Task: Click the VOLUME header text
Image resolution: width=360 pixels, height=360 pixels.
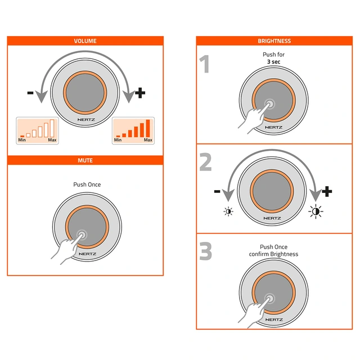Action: pos(85,41)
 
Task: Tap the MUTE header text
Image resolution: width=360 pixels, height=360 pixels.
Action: pos(85,160)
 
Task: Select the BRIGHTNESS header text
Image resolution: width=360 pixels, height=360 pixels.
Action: pos(274,41)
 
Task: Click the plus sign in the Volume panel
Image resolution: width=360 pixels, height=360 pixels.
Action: pos(140,93)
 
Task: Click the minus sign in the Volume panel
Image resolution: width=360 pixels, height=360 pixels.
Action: pos(30,93)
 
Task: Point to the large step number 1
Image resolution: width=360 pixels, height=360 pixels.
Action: pos(204,64)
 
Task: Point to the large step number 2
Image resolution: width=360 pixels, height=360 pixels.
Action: pos(205,163)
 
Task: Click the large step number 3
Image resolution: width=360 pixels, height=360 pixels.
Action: pos(205,251)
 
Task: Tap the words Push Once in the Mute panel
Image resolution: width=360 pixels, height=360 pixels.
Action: pos(87,184)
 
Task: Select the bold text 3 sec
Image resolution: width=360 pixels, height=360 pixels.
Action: pos(274,62)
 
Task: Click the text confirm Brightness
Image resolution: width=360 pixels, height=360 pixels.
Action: pos(274,254)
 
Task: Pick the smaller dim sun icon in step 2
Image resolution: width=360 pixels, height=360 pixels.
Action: pos(228,211)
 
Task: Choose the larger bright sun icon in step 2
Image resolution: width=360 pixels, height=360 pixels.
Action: pos(316,211)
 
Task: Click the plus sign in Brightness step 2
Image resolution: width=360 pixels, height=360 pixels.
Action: pos(327,191)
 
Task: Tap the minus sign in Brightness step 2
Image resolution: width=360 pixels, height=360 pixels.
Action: pos(217,191)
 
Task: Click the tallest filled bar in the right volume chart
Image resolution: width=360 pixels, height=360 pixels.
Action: pos(148,128)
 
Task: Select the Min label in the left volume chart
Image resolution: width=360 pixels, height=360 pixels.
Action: pos(22,140)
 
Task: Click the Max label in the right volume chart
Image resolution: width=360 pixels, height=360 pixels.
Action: pos(148,140)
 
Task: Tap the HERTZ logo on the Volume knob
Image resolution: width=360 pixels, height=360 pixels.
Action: pos(86,120)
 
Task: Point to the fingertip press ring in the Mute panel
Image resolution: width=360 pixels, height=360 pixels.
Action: pos(81,235)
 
